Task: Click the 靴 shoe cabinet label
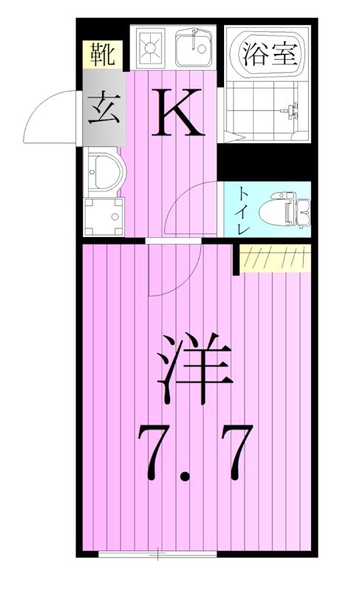(101, 55)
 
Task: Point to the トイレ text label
(243, 211)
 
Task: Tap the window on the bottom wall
(157, 553)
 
